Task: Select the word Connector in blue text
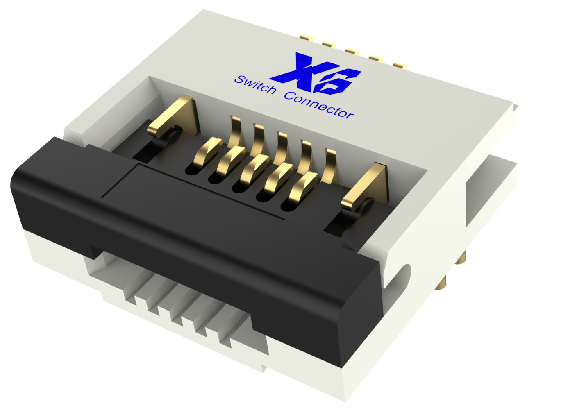tap(319, 104)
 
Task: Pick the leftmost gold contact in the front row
tap(209, 151)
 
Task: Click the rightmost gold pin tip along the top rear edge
tap(400, 65)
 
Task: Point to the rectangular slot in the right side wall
tap(490, 193)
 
